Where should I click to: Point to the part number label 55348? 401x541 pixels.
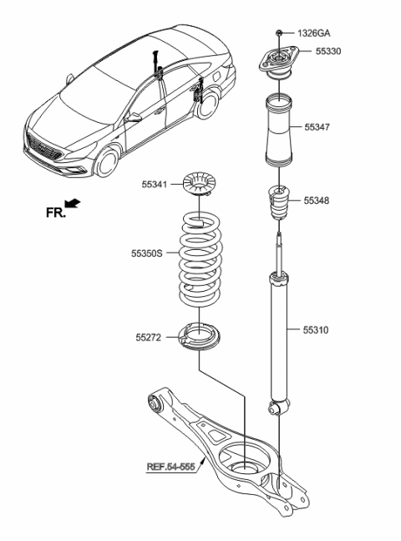tap(317, 201)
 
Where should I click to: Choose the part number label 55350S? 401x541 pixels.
tap(147, 251)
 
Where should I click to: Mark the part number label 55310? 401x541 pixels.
tap(317, 330)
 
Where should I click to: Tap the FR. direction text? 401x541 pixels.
tap(56, 212)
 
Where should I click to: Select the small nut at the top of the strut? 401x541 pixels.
tap(277, 33)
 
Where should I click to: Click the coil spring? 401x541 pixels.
tap(201, 265)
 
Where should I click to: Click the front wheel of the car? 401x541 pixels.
tap(108, 162)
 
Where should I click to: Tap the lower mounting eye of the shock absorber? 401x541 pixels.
tap(278, 407)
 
